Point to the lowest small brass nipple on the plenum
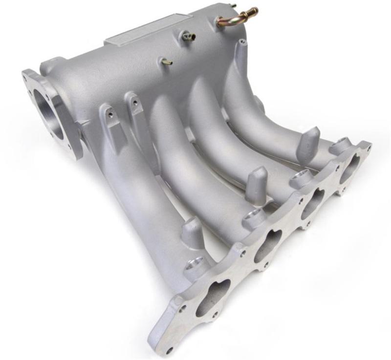click(x=167, y=62)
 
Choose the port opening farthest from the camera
click(x=350, y=167)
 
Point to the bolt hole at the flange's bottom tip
click(x=169, y=350)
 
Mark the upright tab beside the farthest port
click(x=308, y=142)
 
